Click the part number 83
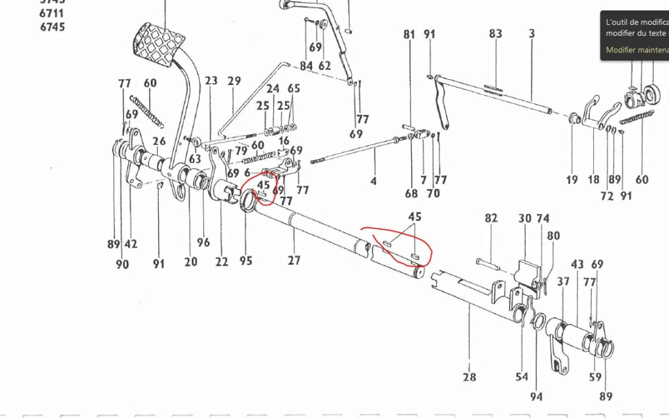495,34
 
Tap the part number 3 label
532,34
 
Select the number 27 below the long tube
294,260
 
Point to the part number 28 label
470,377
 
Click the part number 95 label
245,261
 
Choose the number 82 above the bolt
492,218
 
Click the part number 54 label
521,377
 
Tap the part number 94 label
536,396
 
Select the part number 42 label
131,244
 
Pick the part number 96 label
203,242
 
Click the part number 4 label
373,181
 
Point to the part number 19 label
572,180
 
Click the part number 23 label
211,81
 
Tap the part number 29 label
234,81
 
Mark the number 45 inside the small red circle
264,185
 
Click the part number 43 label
577,265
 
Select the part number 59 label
594,377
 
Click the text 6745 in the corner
52,27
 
